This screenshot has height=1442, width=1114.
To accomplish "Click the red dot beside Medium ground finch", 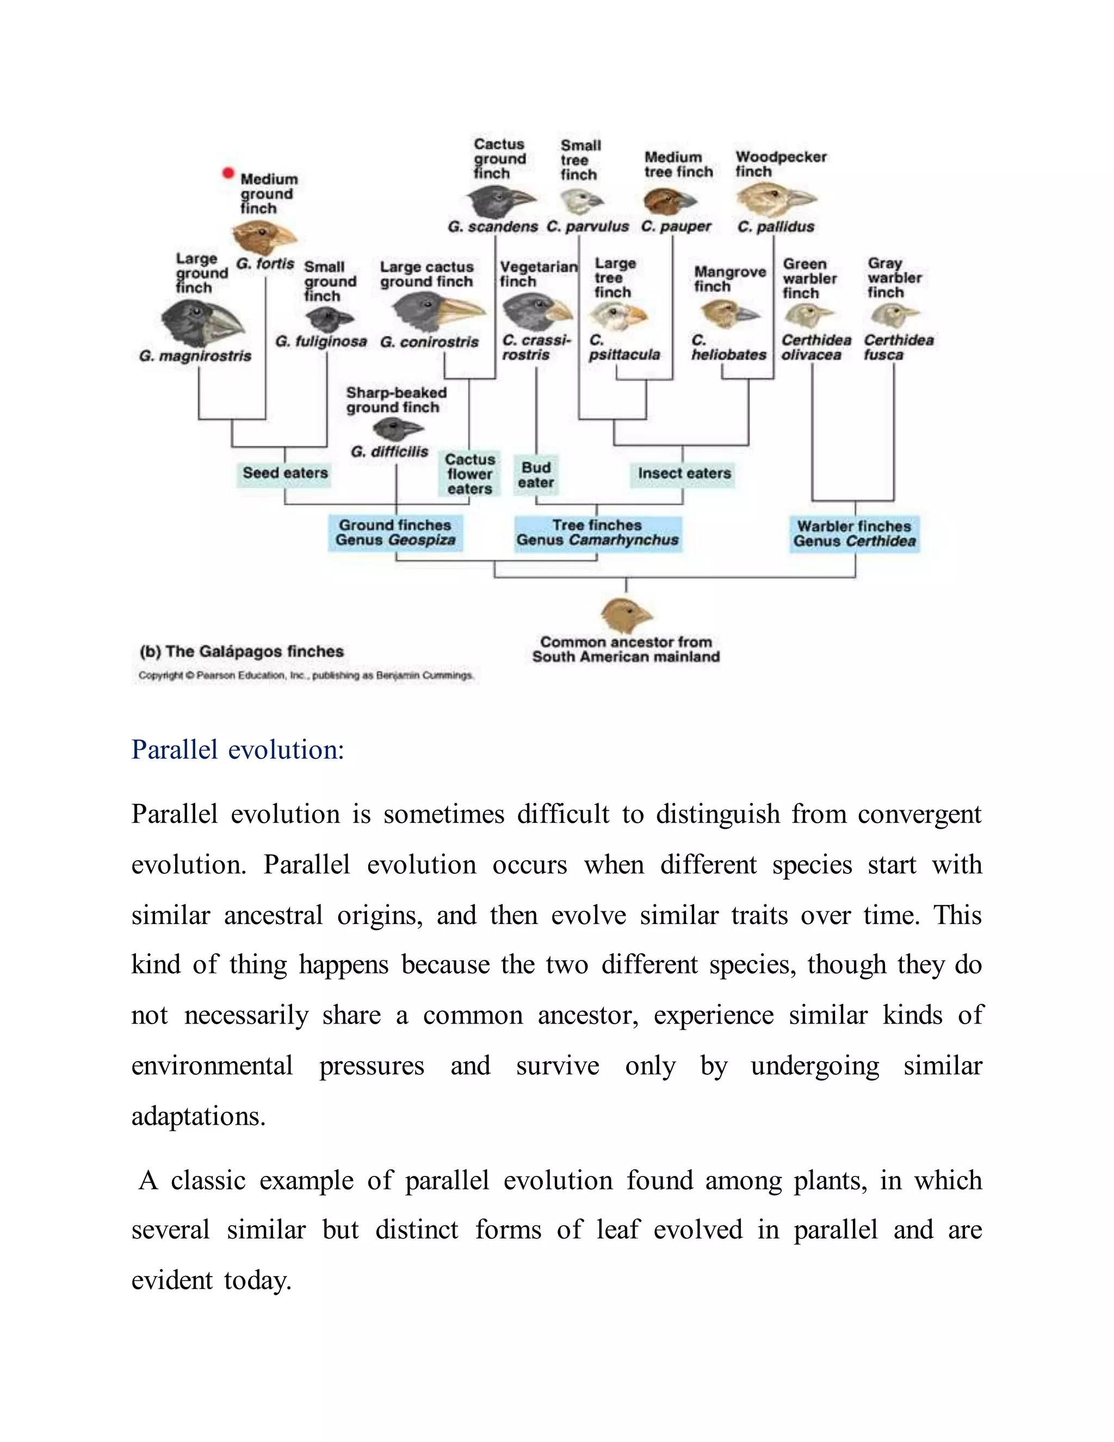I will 228,173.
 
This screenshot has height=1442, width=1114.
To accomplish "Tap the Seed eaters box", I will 284,473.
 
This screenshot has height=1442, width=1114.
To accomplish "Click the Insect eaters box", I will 684,473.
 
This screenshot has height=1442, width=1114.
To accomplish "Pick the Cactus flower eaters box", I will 469,474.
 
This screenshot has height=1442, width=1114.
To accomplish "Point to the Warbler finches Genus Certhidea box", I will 854,533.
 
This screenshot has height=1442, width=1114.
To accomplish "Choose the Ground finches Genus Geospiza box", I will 395,533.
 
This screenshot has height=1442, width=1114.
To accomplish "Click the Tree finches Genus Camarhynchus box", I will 597,533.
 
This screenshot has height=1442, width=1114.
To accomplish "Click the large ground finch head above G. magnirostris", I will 201,323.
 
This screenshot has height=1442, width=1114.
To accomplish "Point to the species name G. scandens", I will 492,226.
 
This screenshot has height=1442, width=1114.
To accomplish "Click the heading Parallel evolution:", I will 238,750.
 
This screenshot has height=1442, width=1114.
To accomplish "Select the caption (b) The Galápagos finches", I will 242,652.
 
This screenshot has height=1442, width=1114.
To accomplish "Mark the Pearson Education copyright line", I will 306,675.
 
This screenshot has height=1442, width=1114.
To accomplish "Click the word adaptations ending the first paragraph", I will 197,1117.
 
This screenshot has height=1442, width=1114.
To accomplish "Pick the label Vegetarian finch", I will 537,274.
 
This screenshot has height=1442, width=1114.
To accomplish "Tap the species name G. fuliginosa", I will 321,341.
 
